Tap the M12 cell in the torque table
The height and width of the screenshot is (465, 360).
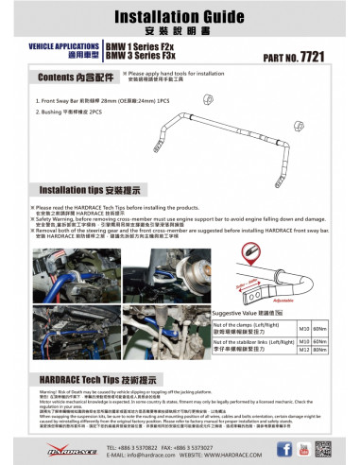pos(303,350)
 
